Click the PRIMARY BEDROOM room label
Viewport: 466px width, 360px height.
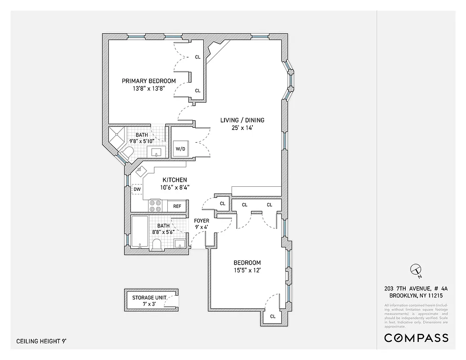point(149,81)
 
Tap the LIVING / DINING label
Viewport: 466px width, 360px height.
point(242,120)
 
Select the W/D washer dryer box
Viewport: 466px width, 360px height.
point(180,148)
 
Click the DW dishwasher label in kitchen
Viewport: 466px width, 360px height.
point(137,189)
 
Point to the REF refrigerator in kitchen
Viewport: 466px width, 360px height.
point(177,206)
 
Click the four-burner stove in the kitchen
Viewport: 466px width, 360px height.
point(156,206)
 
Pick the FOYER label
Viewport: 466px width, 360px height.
point(201,221)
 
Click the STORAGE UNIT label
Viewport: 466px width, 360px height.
point(149,298)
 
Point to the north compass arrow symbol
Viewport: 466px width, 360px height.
point(415,270)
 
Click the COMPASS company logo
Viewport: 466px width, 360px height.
point(416,338)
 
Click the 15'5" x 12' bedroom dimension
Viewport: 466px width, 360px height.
point(247,270)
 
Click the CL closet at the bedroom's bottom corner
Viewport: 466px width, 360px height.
point(273,316)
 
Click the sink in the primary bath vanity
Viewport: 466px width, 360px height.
point(157,152)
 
